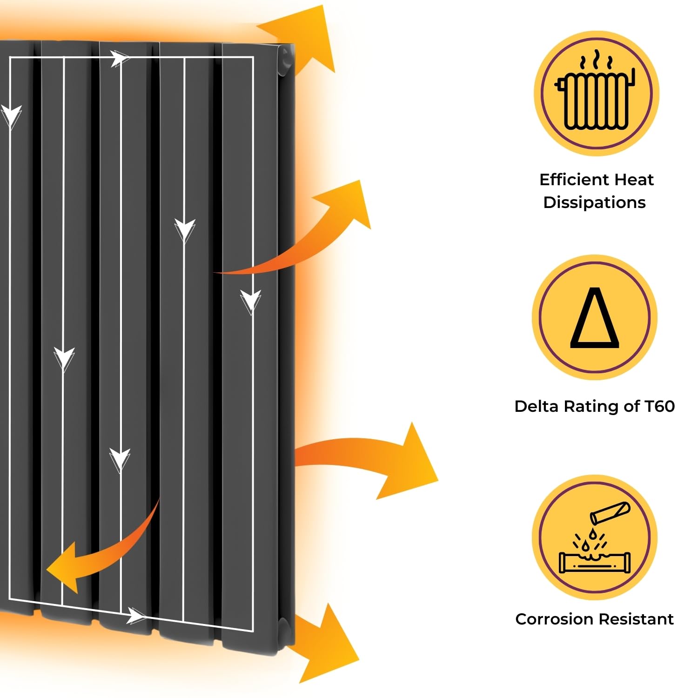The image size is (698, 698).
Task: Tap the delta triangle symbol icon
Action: [595, 317]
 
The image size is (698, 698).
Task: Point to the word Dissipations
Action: [595, 202]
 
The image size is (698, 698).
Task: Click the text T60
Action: [659, 406]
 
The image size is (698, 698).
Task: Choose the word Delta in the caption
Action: [537, 406]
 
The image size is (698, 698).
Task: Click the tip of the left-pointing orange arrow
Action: [47, 568]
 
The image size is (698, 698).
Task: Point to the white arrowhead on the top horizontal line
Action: [120, 59]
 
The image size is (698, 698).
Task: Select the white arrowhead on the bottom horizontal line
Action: [137, 617]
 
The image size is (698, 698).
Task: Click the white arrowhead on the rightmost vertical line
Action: [251, 300]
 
